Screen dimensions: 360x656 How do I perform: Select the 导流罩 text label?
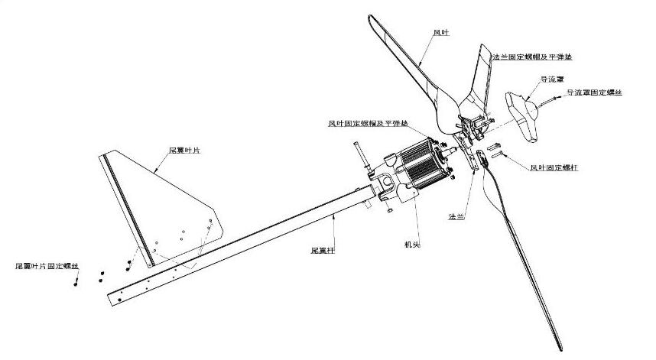click(549, 79)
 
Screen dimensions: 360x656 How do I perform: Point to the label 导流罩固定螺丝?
click(594, 92)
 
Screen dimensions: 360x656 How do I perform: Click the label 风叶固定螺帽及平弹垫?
click(368, 124)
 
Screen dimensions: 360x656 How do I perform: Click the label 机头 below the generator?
click(412, 245)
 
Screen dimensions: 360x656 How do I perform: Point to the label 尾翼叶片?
click(184, 151)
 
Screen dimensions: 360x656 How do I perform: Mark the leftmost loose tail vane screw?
click(76, 283)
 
